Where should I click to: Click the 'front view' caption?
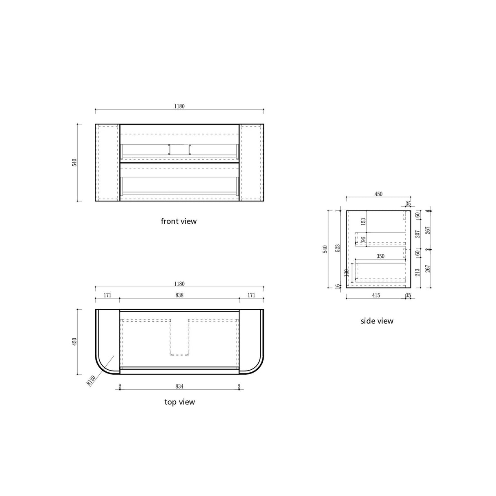179,221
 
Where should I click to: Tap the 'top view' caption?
179,402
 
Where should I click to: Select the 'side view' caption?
377,321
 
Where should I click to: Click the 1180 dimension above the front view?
179,106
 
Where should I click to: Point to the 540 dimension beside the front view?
74,162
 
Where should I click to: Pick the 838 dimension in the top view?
179,295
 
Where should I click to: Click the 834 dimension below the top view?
179,386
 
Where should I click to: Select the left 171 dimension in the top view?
107,295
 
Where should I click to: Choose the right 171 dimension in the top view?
251,295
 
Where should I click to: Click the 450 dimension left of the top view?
74,342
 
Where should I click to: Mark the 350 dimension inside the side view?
380,256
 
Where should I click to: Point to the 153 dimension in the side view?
363,221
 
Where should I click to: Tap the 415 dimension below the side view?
376,295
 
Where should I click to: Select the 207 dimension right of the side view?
418,234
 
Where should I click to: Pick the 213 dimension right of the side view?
418,272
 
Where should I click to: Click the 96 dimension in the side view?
363,239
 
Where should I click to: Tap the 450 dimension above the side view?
378,194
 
